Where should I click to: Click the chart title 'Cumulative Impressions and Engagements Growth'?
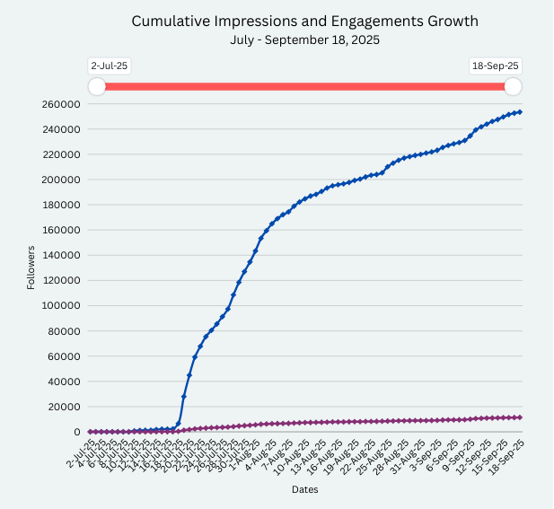pos(304,21)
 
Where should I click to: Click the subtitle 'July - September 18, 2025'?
pos(304,39)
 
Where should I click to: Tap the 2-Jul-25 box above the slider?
pos(104,66)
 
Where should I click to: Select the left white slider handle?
pos(97,86)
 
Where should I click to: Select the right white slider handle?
pos(513,86)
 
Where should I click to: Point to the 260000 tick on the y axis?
pos(63,104)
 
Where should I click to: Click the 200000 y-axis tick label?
pos(63,180)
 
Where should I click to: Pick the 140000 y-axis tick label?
pos(63,256)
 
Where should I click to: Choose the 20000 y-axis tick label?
pos(66,407)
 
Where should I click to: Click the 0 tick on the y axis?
pos(77,432)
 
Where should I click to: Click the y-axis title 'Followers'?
pos(31,268)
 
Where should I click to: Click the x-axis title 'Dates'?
pos(304,490)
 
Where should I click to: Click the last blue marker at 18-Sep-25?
pos(520,112)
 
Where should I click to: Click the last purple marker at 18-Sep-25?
pos(520,417)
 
